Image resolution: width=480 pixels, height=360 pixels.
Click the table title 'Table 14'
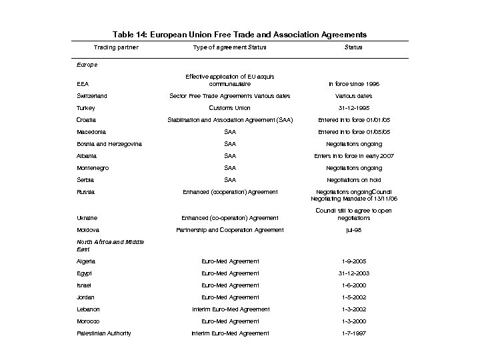(239, 34)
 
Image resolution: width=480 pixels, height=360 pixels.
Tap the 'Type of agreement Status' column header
(229, 47)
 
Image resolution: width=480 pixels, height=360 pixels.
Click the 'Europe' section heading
(87, 65)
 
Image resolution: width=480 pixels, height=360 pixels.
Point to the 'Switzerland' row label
(91, 96)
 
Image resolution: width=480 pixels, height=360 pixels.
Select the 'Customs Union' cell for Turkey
(229, 108)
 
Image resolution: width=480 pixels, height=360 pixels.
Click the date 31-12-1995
(353, 108)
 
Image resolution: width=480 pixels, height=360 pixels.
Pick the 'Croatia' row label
(86, 120)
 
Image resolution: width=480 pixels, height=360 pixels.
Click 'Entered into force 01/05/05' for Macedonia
(353, 132)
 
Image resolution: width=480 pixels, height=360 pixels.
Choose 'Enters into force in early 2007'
(353, 156)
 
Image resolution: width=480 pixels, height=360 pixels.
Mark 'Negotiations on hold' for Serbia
(353, 180)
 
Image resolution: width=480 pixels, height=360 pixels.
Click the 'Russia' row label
(85, 192)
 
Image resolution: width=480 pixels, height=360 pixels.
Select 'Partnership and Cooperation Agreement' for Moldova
(229, 230)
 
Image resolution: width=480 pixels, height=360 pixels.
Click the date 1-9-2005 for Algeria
(353, 261)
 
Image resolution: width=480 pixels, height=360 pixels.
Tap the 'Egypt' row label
(85, 273)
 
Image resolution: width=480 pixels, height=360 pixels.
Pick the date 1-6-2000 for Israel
(353, 285)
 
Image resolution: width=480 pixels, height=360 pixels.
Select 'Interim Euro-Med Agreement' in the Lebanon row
(229, 309)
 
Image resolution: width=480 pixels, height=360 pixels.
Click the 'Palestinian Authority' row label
(103, 333)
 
